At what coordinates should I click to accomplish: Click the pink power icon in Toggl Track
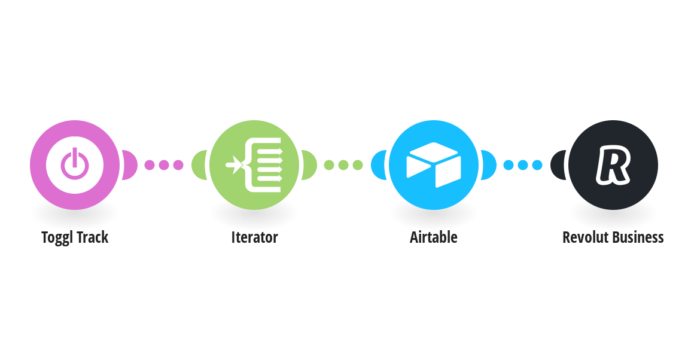coord(75,164)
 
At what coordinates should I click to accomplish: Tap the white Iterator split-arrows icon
coord(254,165)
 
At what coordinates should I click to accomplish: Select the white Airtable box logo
coord(434,165)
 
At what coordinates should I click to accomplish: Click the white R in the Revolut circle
coord(613,164)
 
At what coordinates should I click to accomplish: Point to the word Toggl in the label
coord(56,237)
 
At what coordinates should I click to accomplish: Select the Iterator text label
coord(254,237)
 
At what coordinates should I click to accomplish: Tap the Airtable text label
coord(434,237)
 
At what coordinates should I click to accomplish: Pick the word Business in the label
coord(638,237)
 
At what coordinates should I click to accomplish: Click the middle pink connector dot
coord(164,165)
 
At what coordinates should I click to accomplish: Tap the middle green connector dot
coord(343,165)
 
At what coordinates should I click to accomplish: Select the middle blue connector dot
coord(523,165)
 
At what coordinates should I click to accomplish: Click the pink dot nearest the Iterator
coord(178,165)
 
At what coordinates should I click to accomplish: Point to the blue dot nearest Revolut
coord(537,165)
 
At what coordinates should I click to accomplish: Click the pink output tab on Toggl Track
coord(130,165)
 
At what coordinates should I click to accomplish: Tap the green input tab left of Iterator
coord(199,165)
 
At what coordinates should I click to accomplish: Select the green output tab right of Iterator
coord(309,165)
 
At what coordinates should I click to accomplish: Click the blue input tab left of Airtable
coord(379,165)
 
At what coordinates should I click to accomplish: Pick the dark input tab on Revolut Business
coord(558,165)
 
